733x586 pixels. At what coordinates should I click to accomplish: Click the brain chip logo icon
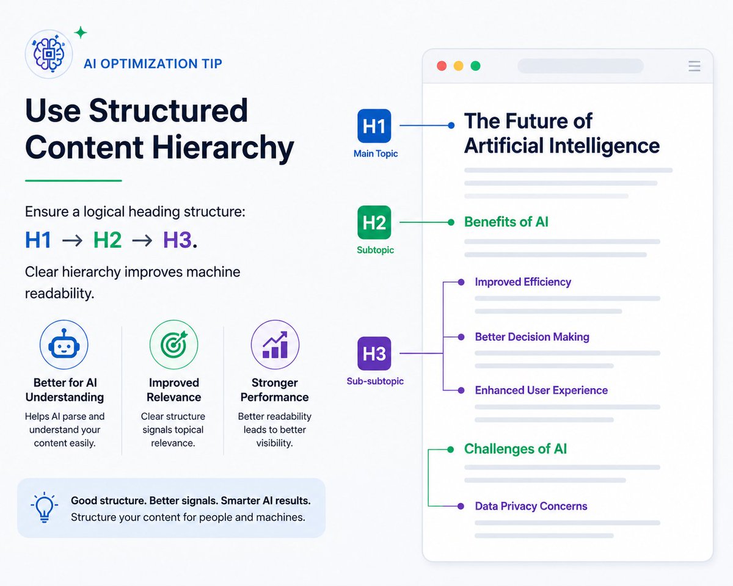tap(49, 54)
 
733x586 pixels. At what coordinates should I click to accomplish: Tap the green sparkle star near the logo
tap(81, 33)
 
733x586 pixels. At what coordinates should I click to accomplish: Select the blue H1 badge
tap(374, 126)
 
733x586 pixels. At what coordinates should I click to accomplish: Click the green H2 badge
tap(374, 222)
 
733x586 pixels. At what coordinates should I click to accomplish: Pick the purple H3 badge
tap(374, 353)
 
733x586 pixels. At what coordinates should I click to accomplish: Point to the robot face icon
tap(64, 345)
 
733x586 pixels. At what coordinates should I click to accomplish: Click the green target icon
tap(173, 345)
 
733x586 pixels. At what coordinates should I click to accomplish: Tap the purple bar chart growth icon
tap(275, 345)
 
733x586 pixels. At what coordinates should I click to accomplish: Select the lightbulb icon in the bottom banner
tap(44, 507)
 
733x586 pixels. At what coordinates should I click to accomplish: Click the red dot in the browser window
tap(442, 66)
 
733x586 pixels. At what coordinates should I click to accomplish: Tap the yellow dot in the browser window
tap(459, 66)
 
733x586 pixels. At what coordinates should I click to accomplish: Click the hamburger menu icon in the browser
tap(695, 66)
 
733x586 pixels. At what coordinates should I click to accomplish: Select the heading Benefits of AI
tap(506, 222)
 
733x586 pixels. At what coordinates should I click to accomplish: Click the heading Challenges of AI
tap(516, 449)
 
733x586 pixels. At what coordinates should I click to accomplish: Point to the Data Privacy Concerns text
tap(531, 506)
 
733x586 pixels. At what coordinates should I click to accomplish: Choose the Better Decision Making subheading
tap(532, 337)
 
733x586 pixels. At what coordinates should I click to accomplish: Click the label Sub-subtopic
tap(375, 381)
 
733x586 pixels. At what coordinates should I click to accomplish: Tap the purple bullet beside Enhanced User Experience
tap(461, 390)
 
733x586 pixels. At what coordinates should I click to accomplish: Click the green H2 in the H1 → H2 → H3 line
tap(108, 240)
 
